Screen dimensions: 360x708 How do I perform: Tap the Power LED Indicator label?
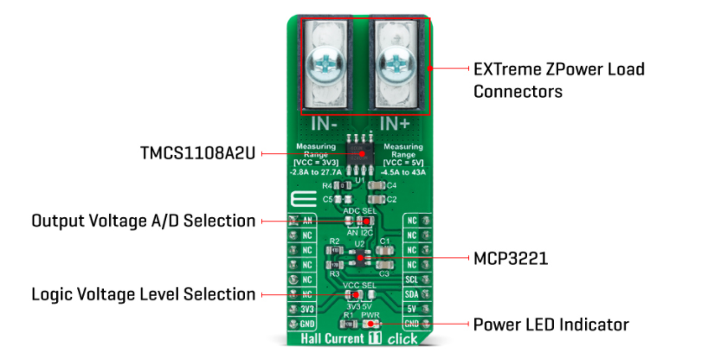550,325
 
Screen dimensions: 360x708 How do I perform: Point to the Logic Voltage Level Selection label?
144,294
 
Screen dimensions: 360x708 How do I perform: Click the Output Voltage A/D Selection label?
144,221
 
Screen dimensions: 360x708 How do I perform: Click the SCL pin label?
413,280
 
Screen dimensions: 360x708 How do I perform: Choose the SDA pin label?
413,294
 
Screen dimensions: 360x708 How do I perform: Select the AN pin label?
307,221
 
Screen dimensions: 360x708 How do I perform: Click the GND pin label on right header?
413,324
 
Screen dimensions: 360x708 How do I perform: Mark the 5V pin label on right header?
413,309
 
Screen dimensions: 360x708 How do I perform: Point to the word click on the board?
403,339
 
